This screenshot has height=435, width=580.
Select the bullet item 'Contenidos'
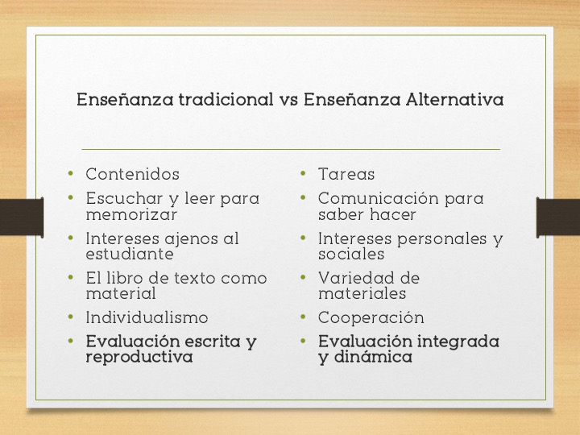[132, 174]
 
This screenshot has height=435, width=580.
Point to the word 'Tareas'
[346, 174]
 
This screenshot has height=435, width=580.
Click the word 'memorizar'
[131, 215]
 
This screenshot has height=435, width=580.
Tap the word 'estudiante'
[130, 255]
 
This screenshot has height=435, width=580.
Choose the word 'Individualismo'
[147, 317]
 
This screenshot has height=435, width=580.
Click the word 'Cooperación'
[371, 317]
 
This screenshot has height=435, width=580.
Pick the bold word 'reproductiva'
[139, 357]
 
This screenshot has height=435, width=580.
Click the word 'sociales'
[351, 255]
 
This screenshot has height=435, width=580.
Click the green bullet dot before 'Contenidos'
[71, 173]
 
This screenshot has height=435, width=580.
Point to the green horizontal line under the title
[290, 149]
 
